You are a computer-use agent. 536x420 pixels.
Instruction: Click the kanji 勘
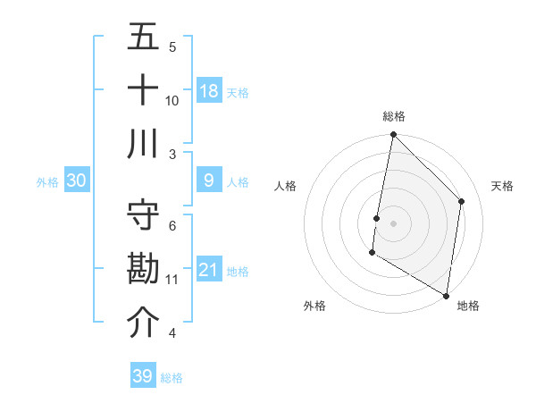(143, 269)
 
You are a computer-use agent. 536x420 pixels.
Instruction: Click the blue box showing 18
(209, 90)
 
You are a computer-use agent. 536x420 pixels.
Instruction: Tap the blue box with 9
(209, 181)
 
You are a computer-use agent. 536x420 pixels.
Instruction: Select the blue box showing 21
(209, 270)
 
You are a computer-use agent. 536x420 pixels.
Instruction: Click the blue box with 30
(77, 181)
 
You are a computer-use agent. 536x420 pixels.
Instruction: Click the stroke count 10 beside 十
(172, 100)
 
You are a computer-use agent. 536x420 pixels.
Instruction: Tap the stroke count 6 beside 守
(172, 225)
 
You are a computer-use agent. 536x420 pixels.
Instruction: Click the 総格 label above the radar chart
(394, 116)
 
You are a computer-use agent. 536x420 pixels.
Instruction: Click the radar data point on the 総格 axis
(393, 135)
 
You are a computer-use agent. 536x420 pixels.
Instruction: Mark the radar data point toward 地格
(446, 295)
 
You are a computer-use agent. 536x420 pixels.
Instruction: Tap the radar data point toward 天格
(462, 201)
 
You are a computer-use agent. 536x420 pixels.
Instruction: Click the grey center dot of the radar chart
(393, 223)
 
